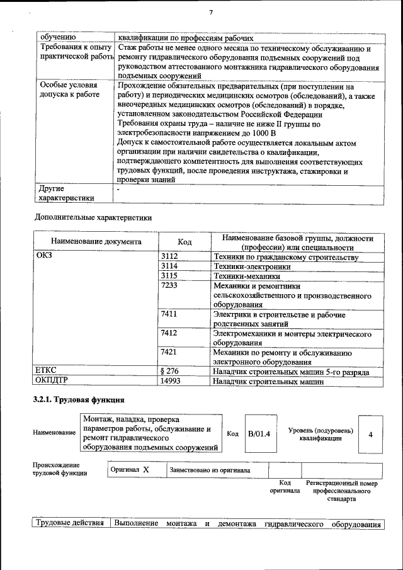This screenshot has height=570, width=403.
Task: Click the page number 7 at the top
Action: coord(211,12)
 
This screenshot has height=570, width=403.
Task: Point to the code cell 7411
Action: coord(170,314)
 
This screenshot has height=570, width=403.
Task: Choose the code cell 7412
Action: coord(170,333)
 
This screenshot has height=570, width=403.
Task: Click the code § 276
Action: coord(171,372)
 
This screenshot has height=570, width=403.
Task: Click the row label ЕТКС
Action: coord(47,372)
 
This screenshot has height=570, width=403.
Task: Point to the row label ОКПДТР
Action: coord(52,381)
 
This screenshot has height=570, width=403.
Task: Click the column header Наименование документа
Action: coord(96,242)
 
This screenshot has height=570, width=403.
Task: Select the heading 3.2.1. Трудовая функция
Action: coord(79,400)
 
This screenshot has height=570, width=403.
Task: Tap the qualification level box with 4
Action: coord(371,435)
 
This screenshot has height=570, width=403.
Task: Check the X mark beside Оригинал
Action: coord(145,470)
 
